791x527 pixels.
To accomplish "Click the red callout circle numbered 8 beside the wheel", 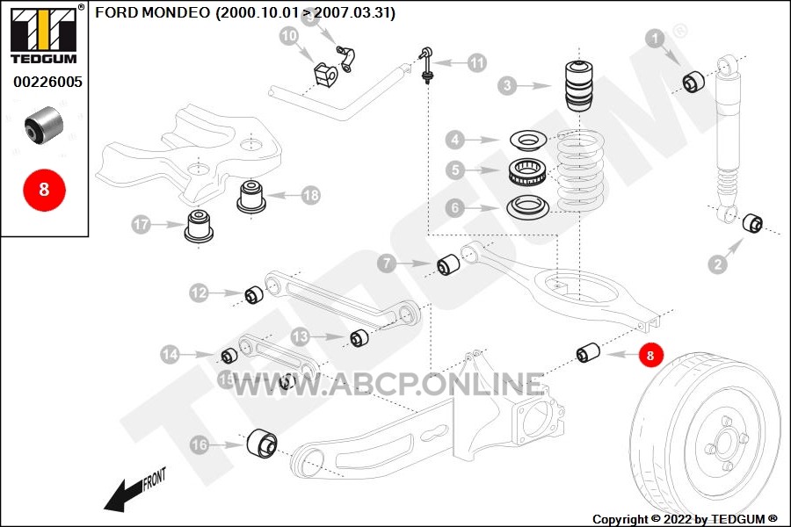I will [x=650, y=355].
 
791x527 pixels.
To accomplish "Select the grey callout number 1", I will [x=655, y=38].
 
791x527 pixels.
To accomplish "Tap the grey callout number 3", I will [x=507, y=86].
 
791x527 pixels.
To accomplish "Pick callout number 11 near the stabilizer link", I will [x=476, y=62].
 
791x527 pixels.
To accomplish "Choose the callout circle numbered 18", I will [x=310, y=196].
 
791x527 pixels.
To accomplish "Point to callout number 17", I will [x=142, y=225].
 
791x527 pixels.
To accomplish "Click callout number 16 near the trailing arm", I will [x=200, y=445].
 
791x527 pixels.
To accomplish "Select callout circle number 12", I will [x=199, y=292].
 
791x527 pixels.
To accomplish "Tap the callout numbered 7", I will [x=388, y=263].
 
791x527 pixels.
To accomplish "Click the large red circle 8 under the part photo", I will [x=44, y=188].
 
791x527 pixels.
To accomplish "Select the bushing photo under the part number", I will [x=43, y=124].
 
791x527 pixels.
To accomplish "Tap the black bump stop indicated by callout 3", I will [x=578, y=85].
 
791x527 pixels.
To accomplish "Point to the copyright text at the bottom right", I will [x=685, y=519].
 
